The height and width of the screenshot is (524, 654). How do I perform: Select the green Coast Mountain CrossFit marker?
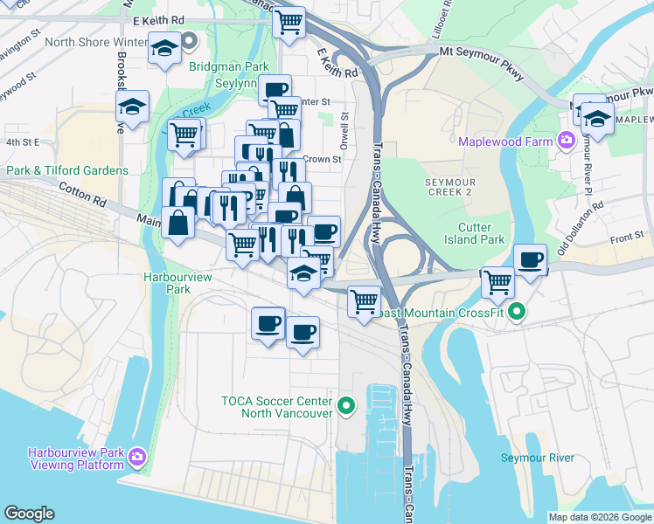(x=517, y=311)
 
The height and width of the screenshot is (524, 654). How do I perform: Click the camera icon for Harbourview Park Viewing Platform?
(x=136, y=457)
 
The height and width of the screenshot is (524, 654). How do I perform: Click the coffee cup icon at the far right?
(x=531, y=259)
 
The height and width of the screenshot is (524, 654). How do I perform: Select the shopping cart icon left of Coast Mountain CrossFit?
(x=497, y=281)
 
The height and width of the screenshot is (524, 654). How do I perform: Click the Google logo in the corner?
(x=29, y=514)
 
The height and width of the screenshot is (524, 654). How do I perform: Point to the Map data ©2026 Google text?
(x=599, y=517)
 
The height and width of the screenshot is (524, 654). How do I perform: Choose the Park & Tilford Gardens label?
(x=68, y=170)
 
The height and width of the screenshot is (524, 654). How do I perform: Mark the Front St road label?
(x=627, y=236)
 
